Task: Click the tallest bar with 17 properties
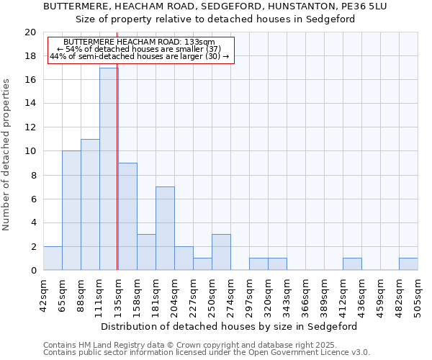tap(108, 169)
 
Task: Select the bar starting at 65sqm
tap(71, 210)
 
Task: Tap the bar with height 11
tap(89, 204)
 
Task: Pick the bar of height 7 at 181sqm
tap(164, 228)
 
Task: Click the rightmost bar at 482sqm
tap(408, 264)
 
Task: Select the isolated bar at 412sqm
tap(351, 264)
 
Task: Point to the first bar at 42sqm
tap(52, 258)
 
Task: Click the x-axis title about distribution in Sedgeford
tap(229, 326)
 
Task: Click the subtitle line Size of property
tap(215, 19)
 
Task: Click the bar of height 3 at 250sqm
tap(220, 252)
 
